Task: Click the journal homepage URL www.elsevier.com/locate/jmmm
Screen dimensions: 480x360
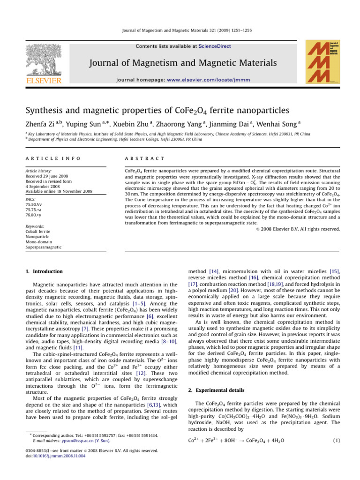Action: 220,80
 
